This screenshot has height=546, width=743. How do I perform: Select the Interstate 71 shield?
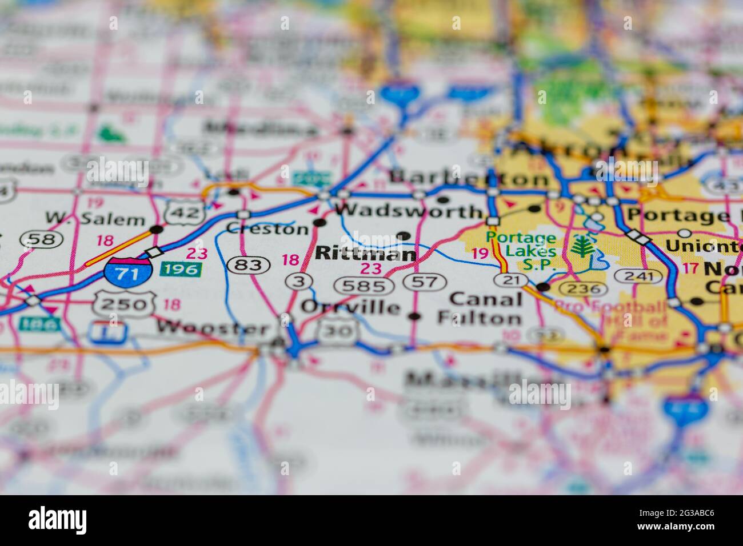coord(128,272)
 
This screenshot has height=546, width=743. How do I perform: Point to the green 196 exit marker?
coord(181,268)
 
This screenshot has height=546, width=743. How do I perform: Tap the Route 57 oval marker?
coord(424,281)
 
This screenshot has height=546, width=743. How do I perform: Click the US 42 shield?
coord(185,212)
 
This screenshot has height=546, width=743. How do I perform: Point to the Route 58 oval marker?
coord(42,239)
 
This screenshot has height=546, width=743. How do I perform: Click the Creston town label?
coord(267,229)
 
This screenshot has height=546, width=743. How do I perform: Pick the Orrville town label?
coord(350,307)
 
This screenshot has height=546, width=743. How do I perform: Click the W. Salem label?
coord(95,219)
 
